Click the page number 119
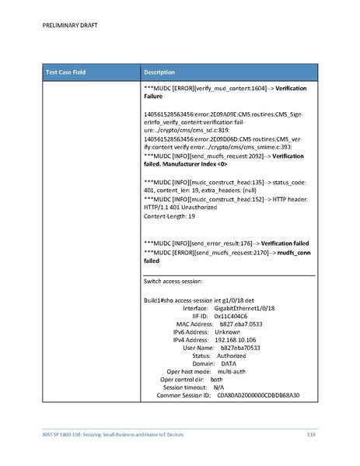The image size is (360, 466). point(309,433)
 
